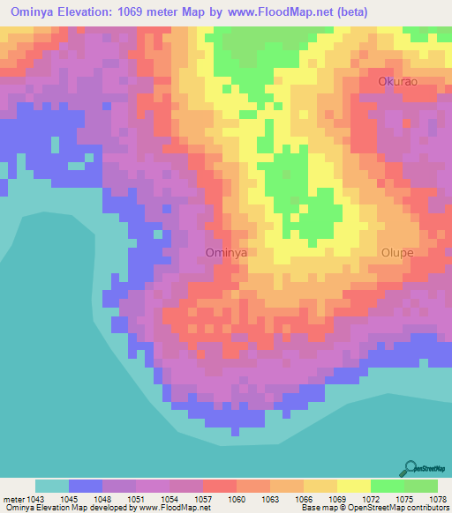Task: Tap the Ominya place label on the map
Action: pos(225,252)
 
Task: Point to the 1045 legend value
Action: pos(68,499)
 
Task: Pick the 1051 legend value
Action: pos(135,499)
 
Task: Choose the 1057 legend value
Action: pos(202,499)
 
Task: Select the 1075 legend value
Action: pos(403,499)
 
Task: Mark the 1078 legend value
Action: pos(437,499)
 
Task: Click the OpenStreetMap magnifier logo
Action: pos(410,468)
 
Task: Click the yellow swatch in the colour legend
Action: pos(353,486)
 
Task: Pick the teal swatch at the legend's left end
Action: pos(51,486)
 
